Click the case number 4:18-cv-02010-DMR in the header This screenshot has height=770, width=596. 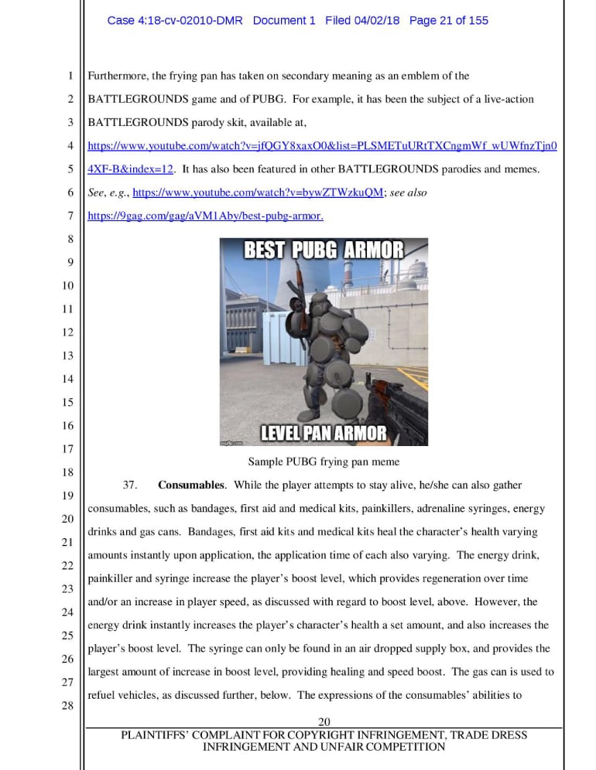(176, 21)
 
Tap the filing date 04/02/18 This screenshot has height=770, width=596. (374, 21)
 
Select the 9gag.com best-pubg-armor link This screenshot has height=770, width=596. (205, 216)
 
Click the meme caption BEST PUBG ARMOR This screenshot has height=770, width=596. (324, 250)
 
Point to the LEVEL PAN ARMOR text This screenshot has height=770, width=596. (324, 433)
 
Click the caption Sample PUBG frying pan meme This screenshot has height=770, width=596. (324, 462)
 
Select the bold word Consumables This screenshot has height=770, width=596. (190, 486)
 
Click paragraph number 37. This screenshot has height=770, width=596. (130, 486)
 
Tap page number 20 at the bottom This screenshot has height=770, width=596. (324, 722)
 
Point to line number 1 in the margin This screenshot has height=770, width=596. (70, 76)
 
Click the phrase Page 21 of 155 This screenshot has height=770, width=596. (449, 21)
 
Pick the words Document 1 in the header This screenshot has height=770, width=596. (284, 21)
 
